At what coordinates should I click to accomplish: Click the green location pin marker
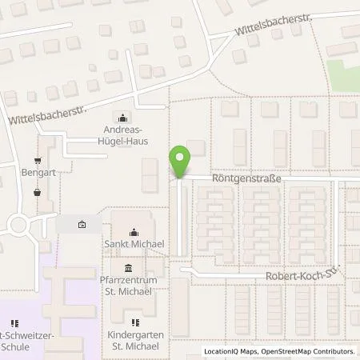[180, 162]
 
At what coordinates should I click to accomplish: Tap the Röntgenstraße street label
[246, 181]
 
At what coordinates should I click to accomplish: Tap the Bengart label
[37, 172]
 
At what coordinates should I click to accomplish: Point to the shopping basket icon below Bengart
[37, 192]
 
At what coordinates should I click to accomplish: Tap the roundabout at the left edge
[18, 225]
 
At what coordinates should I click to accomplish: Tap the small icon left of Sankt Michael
[82, 225]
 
